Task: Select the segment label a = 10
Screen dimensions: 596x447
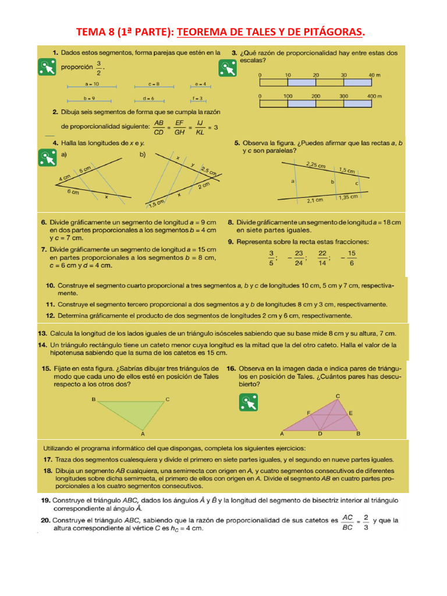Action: coord(92,83)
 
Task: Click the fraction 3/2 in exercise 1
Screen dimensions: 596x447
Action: coord(99,68)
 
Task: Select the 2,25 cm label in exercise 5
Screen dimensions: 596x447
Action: coord(315,165)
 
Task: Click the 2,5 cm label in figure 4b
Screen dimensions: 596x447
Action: coord(208,171)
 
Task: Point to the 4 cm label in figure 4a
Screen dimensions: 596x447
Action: coord(65,177)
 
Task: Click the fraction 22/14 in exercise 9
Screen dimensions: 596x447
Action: coord(322,257)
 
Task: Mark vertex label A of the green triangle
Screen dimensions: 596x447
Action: coord(142,434)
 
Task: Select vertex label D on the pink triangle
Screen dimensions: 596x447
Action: coord(320,434)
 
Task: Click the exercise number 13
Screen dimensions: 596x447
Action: coord(42,334)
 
